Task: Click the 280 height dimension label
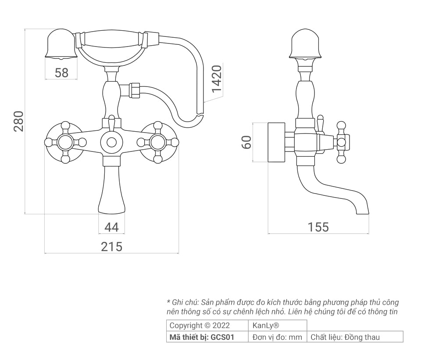[18, 122]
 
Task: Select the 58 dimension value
[61, 73]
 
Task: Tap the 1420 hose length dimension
[216, 79]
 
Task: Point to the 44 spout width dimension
[111, 227]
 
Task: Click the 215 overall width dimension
[111, 247]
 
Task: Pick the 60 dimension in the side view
[247, 142]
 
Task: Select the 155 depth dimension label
[318, 227]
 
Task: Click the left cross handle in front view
[65, 142]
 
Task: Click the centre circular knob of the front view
[111, 142]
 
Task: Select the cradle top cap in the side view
[305, 44]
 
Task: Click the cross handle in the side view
[342, 142]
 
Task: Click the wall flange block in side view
[276, 142]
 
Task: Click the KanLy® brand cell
[278, 326]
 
